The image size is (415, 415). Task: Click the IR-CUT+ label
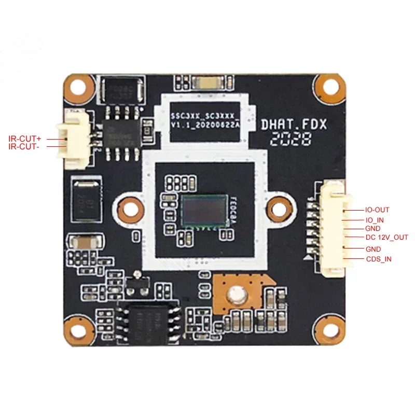point(24,139)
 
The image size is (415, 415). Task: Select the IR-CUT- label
point(24,147)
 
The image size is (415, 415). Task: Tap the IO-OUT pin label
point(377,210)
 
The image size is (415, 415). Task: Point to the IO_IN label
point(376,219)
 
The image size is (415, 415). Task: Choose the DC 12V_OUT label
point(386,238)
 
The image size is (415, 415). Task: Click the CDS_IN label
point(379,258)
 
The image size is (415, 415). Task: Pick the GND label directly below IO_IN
point(374,228)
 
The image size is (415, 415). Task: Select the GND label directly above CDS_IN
point(374,249)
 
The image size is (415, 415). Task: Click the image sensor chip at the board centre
point(205,210)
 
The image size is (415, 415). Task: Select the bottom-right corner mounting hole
point(331,327)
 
